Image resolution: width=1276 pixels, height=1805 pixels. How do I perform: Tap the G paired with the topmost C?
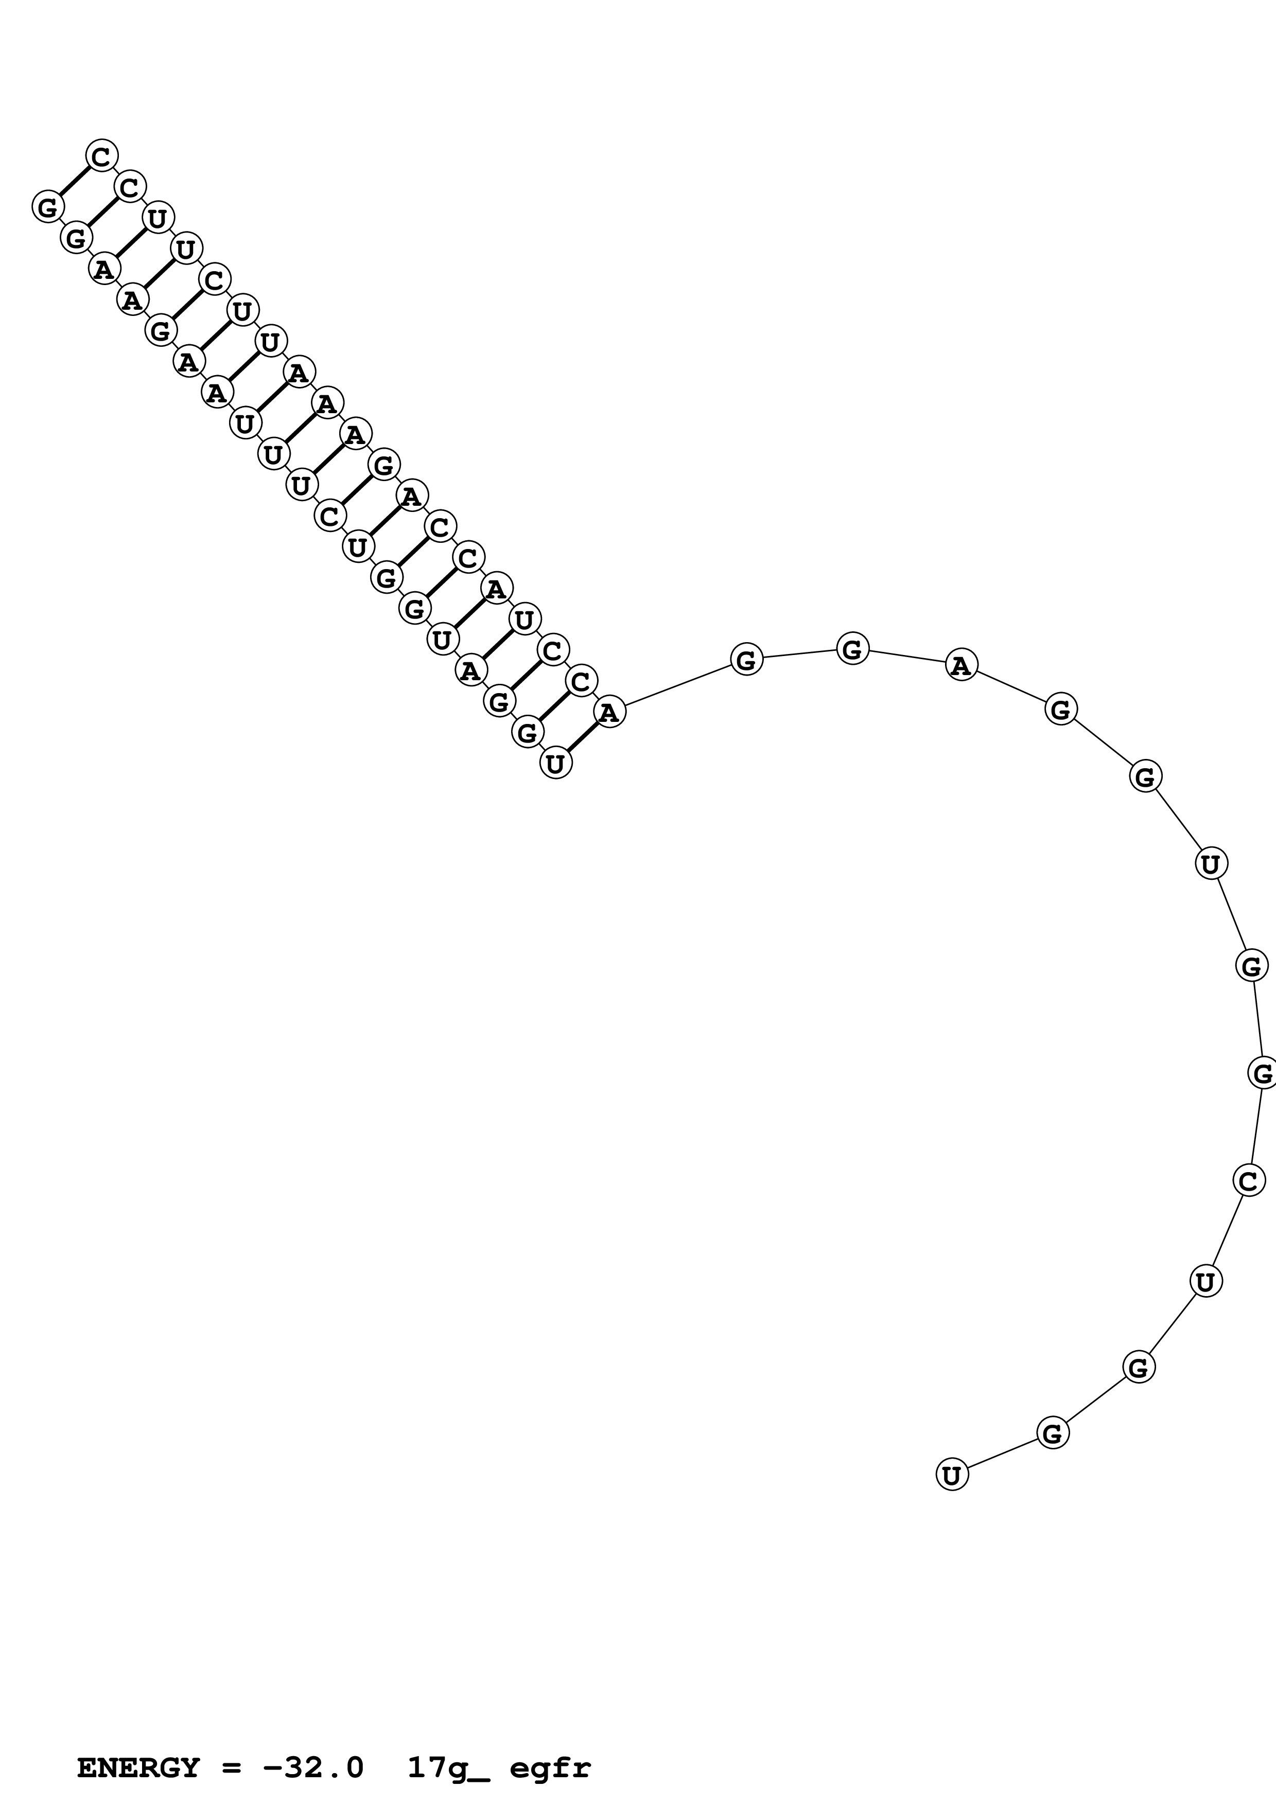(x=47, y=207)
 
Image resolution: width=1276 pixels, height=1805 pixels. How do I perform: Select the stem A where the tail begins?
(x=609, y=712)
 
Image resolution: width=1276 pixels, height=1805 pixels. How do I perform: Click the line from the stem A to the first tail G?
(x=678, y=685)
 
